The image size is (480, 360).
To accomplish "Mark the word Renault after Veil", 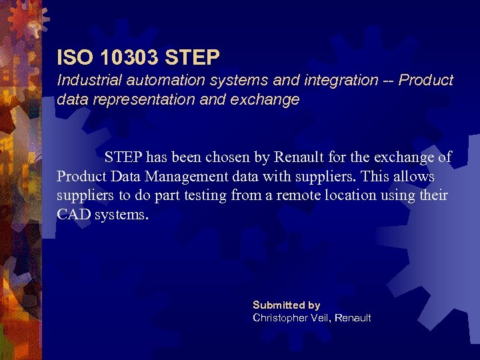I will [x=353, y=317].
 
